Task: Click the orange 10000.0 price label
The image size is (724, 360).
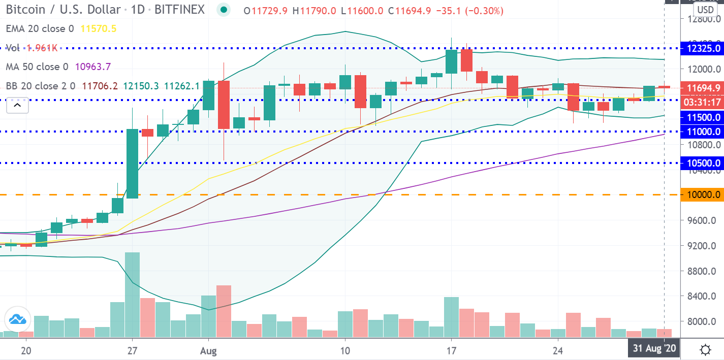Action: click(x=702, y=194)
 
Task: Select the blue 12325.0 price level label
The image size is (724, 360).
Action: click(x=702, y=49)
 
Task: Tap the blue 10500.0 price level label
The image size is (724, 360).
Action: click(x=702, y=163)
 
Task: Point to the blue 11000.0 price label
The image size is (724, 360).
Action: click(x=702, y=132)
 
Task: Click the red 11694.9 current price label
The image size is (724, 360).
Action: click(x=702, y=88)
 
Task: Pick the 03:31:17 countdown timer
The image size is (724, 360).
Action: click(x=702, y=102)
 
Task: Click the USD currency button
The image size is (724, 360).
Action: click(x=705, y=9)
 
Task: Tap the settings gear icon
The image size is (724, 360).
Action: click(x=705, y=349)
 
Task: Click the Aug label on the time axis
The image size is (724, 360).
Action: click(x=209, y=350)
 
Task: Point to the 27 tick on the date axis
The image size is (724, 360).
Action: click(x=133, y=350)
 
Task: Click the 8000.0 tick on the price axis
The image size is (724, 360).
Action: click(x=702, y=321)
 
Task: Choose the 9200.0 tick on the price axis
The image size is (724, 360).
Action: click(x=702, y=246)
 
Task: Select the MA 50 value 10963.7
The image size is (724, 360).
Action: click(x=92, y=67)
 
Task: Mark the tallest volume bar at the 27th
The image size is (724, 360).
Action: click(x=133, y=294)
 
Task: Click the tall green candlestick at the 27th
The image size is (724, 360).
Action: click(x=133, y=163)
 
